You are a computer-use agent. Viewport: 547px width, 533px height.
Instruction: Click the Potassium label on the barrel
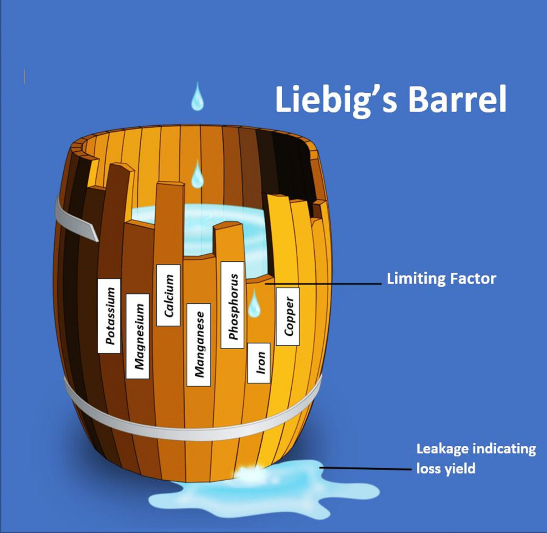tap(109, 316)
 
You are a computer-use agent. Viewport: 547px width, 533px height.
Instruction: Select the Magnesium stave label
tap(138, 336)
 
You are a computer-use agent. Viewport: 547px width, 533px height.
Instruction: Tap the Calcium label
tap(168, 295)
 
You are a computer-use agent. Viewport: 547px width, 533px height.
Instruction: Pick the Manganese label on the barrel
tap(199, 344)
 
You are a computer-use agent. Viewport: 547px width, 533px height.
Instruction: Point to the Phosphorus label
tap(232, 305)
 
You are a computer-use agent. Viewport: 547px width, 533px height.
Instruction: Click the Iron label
tap(259, 363)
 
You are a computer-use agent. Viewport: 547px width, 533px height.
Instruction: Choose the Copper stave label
tap(288, 316)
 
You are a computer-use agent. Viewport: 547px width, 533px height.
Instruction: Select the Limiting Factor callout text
tap(441, 278)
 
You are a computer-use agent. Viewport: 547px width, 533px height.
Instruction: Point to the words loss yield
tap(446, 469)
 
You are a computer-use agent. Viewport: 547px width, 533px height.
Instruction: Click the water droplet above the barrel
tap(197, 97)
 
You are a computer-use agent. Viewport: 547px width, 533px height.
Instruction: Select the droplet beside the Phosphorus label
tap(254, 304)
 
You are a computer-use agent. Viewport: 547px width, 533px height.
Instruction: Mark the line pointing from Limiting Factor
tap(322, 284)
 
